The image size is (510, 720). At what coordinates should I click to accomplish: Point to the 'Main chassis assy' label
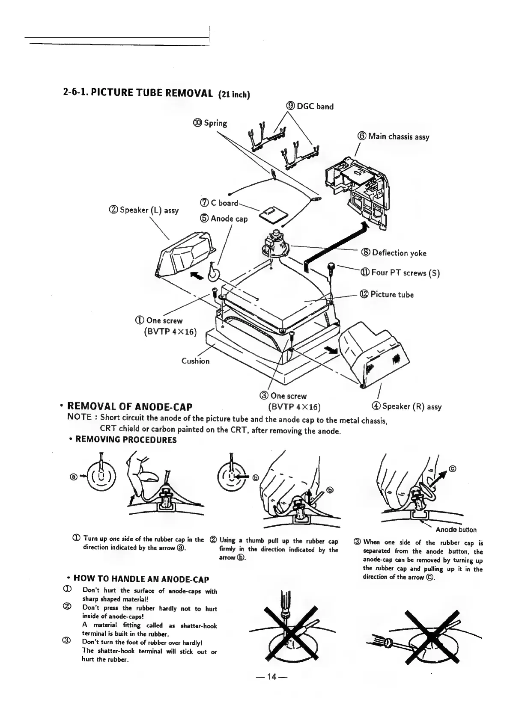[393, 137]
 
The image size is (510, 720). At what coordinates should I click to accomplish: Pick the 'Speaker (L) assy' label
[144, 210]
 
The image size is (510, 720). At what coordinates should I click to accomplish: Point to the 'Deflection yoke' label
[394, 253]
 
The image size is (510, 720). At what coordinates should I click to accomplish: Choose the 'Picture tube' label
[387, 294]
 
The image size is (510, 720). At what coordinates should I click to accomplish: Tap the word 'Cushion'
[196, 361]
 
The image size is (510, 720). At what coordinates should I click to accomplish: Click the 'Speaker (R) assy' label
[407, 406]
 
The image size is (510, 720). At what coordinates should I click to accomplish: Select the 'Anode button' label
[456, 530]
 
